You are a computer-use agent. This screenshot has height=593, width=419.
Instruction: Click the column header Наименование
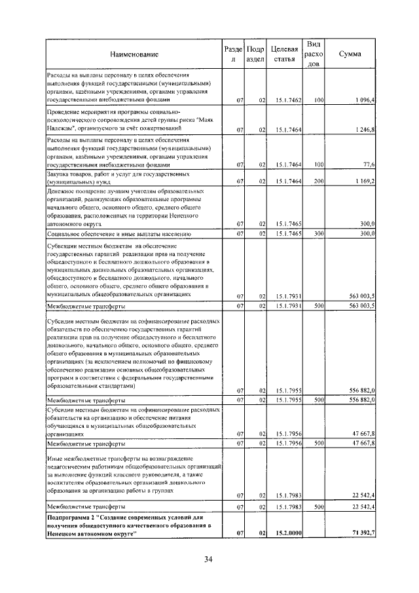coord(134,53)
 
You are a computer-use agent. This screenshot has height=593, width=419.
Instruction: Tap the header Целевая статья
coord(283,54)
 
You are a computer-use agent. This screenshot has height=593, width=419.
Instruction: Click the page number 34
coord(209,559)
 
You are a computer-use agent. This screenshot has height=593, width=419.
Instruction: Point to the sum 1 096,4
coord(362,100)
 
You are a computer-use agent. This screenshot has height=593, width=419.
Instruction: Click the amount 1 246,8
coord(362,130)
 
